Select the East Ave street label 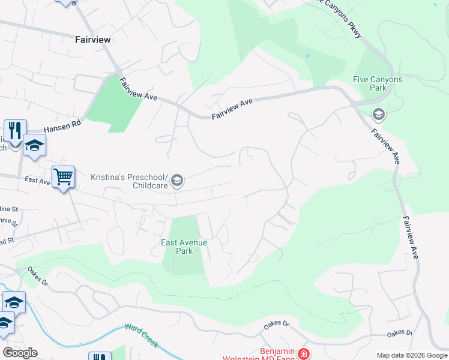(x=37, y=179)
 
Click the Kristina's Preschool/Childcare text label (x=129, y=181)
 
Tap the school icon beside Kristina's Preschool (x=177, y=180)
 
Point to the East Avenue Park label (x=184, y=247)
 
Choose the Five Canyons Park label (x=378, y=83)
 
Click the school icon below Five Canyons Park (x=378, y=113)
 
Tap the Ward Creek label (x=142, y=335)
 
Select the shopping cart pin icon (x=63, y=177)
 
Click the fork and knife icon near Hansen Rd (x=15, y=130)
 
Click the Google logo (x=20, y=353)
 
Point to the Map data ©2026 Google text (x=412, y=355)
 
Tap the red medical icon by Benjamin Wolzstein (x=304, y=354)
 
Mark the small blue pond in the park (x=307, y=56)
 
